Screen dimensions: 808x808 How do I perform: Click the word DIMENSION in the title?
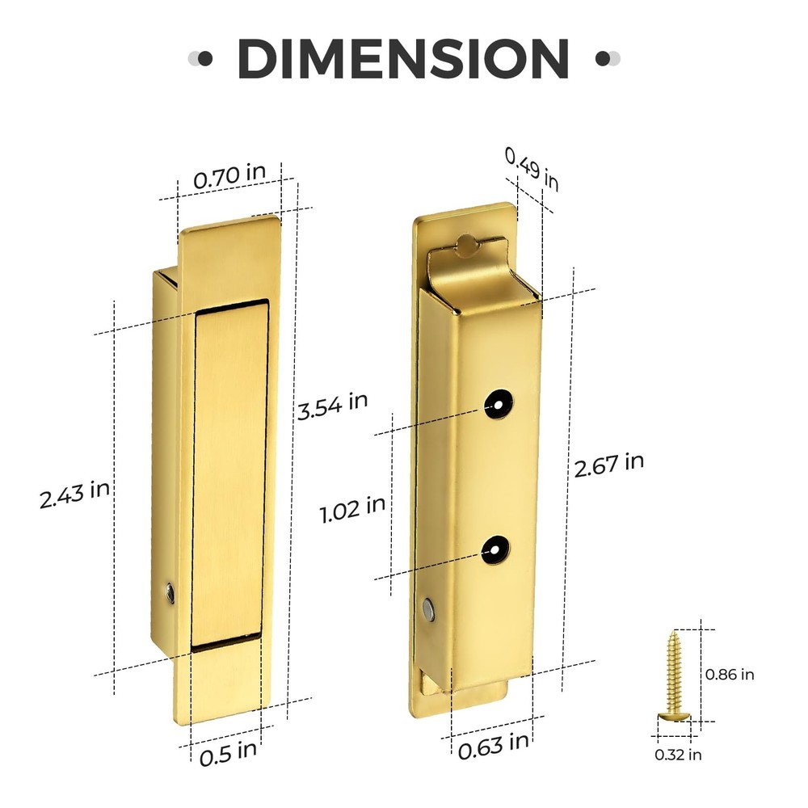[403, 58]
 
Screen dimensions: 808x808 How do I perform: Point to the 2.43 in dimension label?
[74, 493]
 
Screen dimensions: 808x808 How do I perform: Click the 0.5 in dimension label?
[228, 751]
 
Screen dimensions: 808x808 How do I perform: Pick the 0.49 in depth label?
[532, 169]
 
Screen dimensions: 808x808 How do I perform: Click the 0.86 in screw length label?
[730, 673]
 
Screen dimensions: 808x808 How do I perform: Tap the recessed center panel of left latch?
[231, 473]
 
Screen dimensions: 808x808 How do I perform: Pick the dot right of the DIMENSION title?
[602, 58]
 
